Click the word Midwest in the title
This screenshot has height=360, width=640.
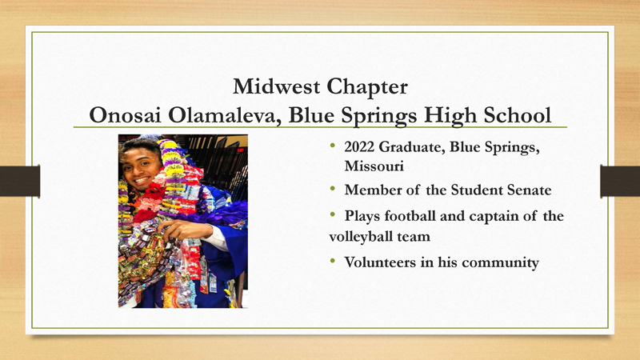point(265,83)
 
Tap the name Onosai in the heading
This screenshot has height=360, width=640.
point(126,115)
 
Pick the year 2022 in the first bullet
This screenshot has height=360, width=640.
point(359,148)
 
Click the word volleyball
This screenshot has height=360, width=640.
point(362,237)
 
